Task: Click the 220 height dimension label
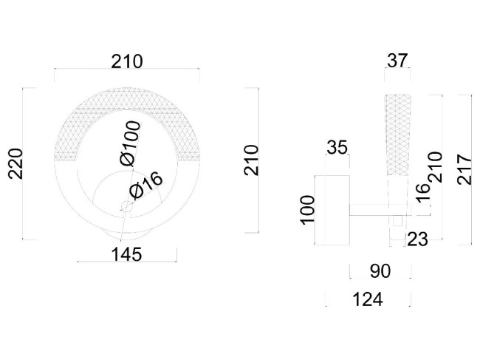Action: [x=16, y=163]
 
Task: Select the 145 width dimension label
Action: [x=126, y=254]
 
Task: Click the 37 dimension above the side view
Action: [x=397, y=61]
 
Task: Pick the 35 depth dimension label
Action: [x=337, y=148]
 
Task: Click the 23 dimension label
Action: [x=418, y=239]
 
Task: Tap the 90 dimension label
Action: [x=380, y=271]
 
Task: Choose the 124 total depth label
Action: [x=368, y=299]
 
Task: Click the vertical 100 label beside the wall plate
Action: [x=307, y=209]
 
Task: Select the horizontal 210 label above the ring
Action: [x=127, y=61]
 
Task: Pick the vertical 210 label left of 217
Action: [x=436, y=167]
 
